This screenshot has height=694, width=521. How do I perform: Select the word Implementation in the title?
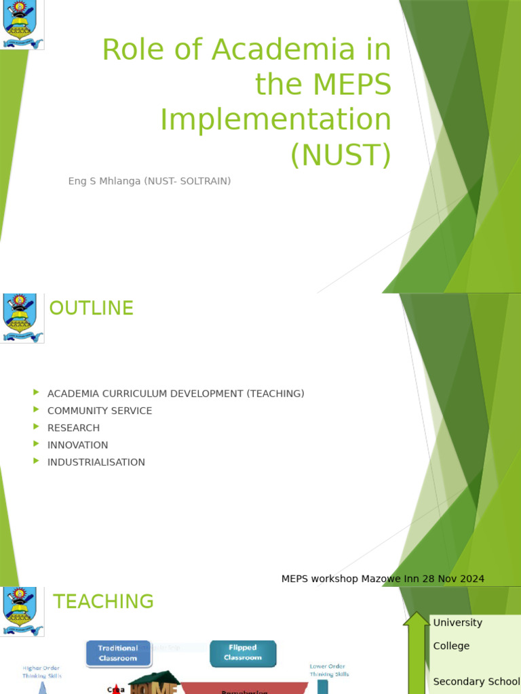(275, 120)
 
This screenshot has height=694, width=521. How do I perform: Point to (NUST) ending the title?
(341, 155)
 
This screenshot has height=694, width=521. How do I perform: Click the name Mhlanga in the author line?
(120, 181)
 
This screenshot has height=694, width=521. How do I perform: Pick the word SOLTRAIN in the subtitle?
(202, 181)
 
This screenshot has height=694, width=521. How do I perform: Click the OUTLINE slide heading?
(92, 308)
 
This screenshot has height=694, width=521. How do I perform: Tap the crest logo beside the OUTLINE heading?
(22, 318)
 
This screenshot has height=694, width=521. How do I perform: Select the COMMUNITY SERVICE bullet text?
(100, 411)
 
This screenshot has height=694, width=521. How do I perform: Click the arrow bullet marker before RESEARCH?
(36, 428)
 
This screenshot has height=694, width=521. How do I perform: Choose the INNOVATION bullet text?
(77, 445)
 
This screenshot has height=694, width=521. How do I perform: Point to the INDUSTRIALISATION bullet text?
(96, 462)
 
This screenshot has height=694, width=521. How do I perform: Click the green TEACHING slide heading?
(104, 601)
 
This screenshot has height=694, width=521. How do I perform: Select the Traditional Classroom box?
(118, 653)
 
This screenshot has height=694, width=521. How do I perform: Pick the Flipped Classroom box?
(243, 653)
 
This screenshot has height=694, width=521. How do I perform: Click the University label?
(458, 623)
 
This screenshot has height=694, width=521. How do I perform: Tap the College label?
(452, 646)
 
